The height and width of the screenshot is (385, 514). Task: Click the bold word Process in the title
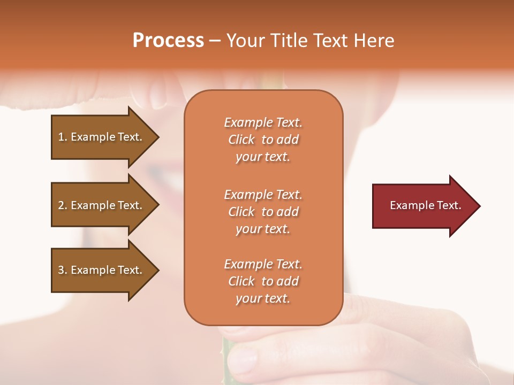click(168, 41)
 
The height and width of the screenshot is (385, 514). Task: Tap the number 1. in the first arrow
click(63, 137)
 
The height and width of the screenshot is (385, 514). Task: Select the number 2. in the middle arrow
click(63, 205)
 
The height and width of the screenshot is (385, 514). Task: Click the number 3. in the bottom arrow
click(63, 270)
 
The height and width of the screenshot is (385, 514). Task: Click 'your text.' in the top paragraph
click(263, 157)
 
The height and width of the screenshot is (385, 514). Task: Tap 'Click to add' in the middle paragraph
click(263, 212)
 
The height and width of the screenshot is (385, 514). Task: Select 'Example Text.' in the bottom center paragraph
click(263, 264)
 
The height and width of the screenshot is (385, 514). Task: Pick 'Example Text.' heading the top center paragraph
click(263, 122)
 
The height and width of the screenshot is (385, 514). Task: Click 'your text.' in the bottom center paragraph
click(263, 299)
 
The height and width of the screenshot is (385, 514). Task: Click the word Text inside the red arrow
click(449, 205)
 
